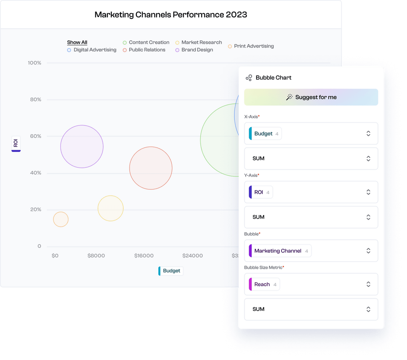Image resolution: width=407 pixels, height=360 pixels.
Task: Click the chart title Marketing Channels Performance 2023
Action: point(171,15)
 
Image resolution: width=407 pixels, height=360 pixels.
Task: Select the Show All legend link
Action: point(77,42)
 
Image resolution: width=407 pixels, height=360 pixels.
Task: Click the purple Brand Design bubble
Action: point(82,146)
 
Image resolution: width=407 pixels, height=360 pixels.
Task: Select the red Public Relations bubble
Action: point(151,168)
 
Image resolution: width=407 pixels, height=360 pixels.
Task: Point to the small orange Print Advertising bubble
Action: point(61,219)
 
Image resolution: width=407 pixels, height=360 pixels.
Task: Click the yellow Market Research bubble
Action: point(110,208)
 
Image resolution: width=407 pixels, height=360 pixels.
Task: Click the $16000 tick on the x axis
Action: point(144,256)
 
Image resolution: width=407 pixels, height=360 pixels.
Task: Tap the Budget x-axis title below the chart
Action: point(171,271)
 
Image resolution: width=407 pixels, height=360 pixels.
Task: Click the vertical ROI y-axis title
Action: point(16,143)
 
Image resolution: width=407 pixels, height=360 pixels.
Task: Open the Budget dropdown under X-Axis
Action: point(311,133)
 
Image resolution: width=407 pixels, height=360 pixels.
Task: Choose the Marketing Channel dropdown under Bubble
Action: point(311,251)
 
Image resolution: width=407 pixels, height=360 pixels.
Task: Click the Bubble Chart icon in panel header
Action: point(249,78)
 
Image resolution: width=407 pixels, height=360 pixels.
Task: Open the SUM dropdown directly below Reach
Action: point(311,309)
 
